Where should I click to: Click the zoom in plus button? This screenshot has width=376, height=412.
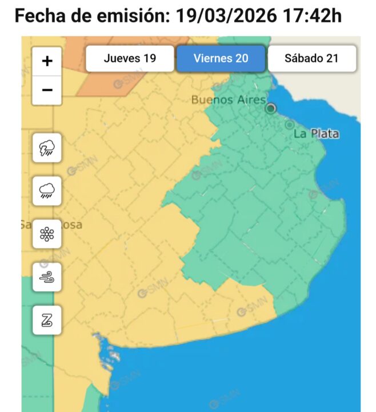point(47,61)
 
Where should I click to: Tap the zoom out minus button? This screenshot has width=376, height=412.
point(47,90)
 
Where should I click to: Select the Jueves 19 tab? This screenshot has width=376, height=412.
point(130,58)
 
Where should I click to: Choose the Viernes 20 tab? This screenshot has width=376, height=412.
point(221,58)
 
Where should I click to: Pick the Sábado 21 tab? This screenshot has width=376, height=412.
point(312,58)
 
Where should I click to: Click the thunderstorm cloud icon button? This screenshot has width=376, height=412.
point(47,149)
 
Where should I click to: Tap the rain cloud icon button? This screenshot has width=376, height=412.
point(47,190)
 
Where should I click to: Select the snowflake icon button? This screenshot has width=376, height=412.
point(47,233)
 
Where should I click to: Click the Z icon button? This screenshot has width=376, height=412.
point(47,320)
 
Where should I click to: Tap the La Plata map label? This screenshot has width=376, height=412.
point(316,134)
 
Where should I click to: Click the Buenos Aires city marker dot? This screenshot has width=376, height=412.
point(271,108)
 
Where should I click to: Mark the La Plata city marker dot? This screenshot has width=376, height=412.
point(290,125)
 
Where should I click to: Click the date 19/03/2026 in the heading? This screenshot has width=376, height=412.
point(225,15)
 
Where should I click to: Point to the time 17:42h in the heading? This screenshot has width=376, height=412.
point(311,15)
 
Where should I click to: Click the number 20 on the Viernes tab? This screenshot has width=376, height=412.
point(242,58)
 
